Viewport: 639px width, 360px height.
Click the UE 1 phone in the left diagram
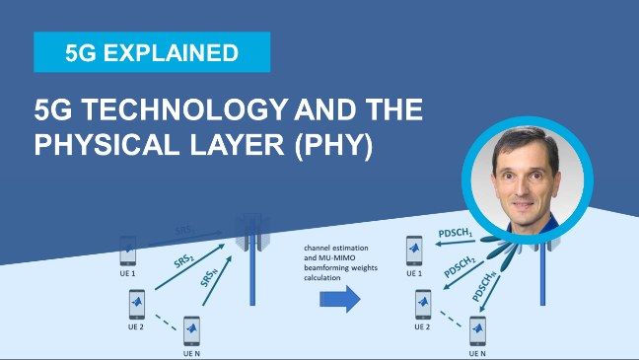coord(128,251)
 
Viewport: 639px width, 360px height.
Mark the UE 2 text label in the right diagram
coord(421,324)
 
